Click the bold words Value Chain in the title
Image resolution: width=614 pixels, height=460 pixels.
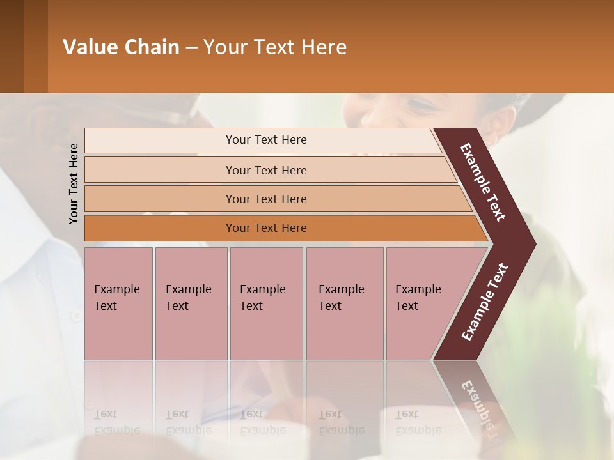[121, 47]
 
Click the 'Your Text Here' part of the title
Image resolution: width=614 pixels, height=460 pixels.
[275, 47]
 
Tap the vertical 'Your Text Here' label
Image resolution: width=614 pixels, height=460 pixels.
[74, 183]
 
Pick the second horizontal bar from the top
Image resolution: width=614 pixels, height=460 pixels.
[266, 170]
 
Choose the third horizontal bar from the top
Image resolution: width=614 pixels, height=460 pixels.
[266, 199]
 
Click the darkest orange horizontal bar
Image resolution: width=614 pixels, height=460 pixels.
[266, 228]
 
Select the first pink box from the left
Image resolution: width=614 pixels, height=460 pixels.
[118, 303]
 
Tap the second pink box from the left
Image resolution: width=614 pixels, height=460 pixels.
[191, 303]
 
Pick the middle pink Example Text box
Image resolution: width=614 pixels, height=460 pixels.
[266, 303]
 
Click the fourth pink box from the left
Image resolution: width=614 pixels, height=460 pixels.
[344, 303]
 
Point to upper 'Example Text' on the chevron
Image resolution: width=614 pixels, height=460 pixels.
[483, 182]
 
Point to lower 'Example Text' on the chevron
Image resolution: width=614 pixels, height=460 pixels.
[485, 302]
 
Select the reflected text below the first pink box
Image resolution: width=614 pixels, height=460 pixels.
[116, 422]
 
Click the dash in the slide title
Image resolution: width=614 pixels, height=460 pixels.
[191, 48]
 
